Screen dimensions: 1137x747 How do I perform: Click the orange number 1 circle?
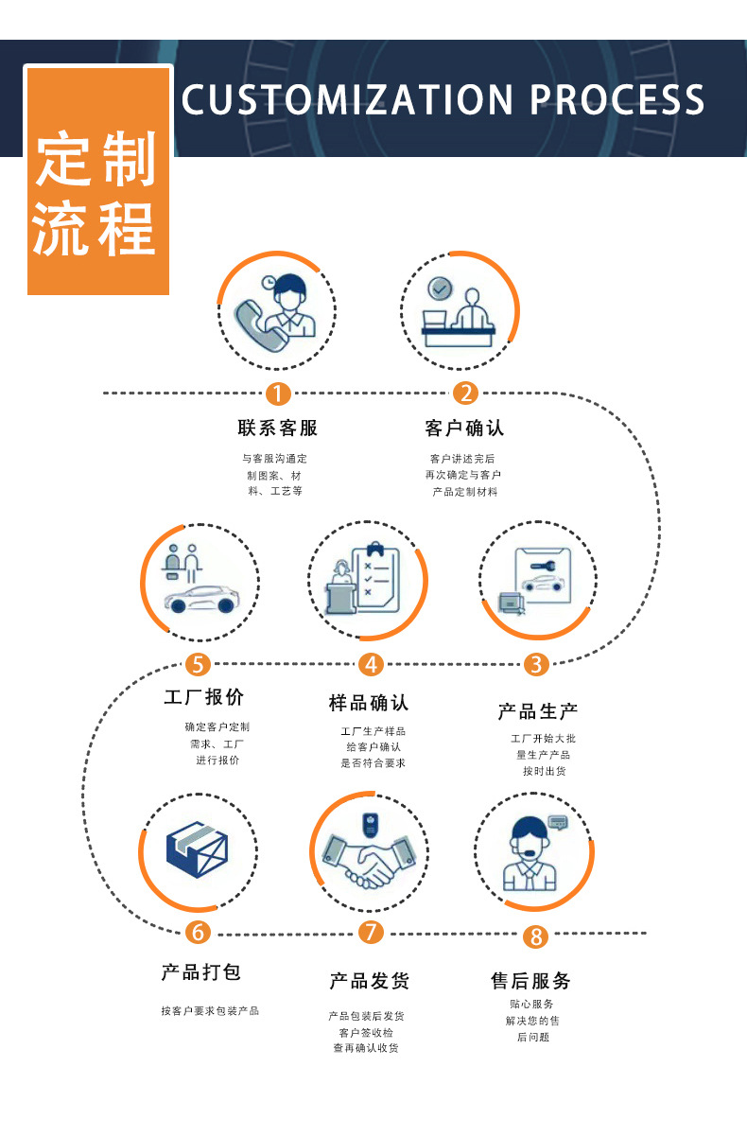[x=277, y=393]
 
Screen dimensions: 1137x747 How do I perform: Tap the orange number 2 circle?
[x=464, y=393]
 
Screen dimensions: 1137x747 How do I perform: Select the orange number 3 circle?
[x=536, y=664]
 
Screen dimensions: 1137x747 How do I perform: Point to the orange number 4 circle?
[x=371, y=664]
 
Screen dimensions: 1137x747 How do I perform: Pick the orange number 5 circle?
[x=197, y=664]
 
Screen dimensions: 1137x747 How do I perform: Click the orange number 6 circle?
[x=197, y=932]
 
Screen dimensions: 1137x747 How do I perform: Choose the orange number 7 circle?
[x=371, y=932]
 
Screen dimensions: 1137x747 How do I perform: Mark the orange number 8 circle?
[x=536, y=936]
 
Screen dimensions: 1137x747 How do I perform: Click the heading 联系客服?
[x=277, y=429]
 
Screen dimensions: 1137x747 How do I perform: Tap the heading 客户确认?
[x=464, y=429]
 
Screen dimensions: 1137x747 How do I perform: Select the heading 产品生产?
[x=537, y=710]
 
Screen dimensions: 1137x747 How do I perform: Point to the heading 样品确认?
[x=369, y=703]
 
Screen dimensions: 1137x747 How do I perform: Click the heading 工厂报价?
[x=203, y=697]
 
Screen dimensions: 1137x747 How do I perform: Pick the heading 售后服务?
[x=530, y=981]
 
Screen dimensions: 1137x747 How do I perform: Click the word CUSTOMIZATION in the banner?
[x=346, y=99]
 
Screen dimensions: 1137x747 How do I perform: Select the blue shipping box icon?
[x=197, y=849]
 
